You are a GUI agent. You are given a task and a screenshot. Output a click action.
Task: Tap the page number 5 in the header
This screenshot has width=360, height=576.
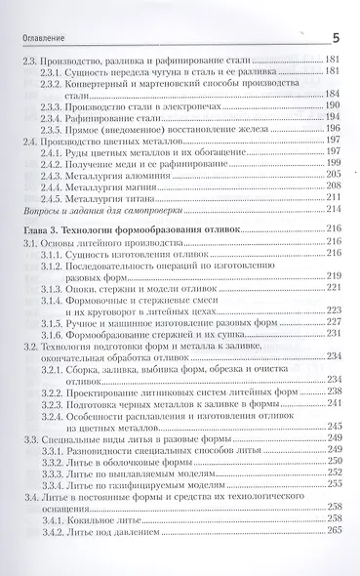click(x=337, y=37)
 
